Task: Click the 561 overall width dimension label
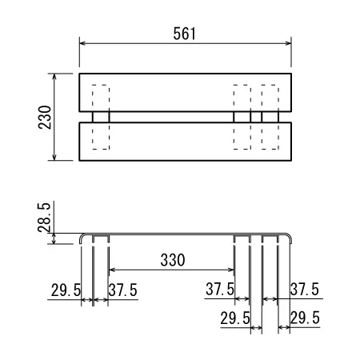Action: tap(185, 34)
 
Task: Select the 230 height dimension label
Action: tap(45, 118)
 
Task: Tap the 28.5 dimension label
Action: tap(44, 218)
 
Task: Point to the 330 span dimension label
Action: tap(173, 260)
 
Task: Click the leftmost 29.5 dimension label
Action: tap(66, 290)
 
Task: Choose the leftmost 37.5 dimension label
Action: tap(123, 290)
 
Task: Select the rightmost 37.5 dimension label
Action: tap(305, 289)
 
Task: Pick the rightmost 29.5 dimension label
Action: tap(305, 318)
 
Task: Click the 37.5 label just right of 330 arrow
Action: tap(220, 289)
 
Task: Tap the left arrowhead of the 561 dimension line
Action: tap(82, 43)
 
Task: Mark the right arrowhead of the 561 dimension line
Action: tap(288, 43)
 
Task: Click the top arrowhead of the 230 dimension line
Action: tap(54, 77)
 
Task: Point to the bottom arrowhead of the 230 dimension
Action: tap(54, 158)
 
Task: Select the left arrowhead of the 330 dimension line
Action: tap(112, 270)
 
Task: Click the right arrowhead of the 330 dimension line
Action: tap(231, 270)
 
